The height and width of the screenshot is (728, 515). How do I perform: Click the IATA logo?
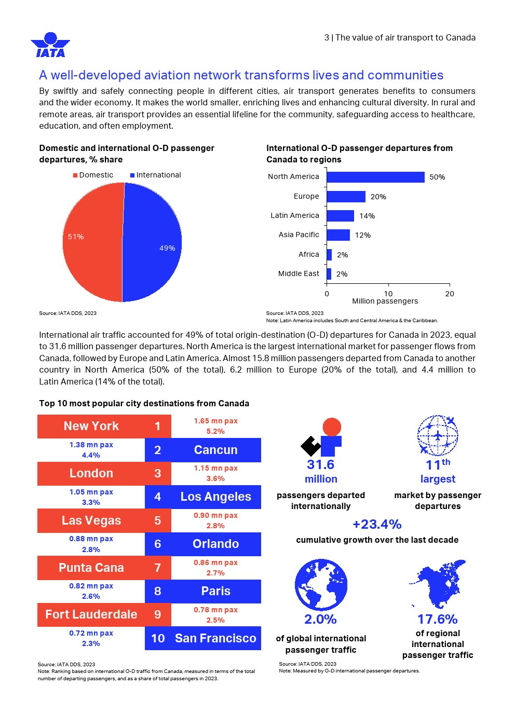pyautogui.click(x=50, y=45)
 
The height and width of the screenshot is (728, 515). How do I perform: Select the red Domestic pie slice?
pyautogui.click(x=91, y=242)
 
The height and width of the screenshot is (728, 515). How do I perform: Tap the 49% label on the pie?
pyautogui.click(x=167, y=249)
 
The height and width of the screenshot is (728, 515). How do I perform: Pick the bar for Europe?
pyautogui.click(x=346, y=197)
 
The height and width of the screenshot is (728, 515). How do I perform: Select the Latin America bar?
pyautogui.click(x=340, y=216)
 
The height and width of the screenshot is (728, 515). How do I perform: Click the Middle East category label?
pyautogui.click(x=299, y=273)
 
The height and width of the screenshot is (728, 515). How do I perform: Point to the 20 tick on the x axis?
pyautogui.click(x=450, y=294)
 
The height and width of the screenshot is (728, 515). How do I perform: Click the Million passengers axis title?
pyautogui.click(x=385, y=301)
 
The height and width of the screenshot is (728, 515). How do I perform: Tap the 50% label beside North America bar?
pyautogui.click(x=437, y=177)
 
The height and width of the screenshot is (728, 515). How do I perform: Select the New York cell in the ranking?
pyautogui.click(x=91, y=426)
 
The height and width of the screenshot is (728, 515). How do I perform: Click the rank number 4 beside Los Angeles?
pyautogui.click(x=158, y=497)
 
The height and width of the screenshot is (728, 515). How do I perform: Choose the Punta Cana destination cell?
pyautogui.click(x=91, y=568)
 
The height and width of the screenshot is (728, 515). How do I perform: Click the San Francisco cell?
pyautogui.click(x=215, y=638)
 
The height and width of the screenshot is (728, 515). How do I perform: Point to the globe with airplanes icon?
pyautogui.click(x=438, y=435)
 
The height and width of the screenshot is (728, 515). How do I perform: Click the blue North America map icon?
pyautogui.click(x=438, y=584)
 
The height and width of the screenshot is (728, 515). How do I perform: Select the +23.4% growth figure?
pyautogui.click(x=377, y=525)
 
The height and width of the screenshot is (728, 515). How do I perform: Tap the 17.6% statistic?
pyautogui.click(x=437, y=620)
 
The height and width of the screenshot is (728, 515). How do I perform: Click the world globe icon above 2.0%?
pyautogui.click(x=321, y=585)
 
